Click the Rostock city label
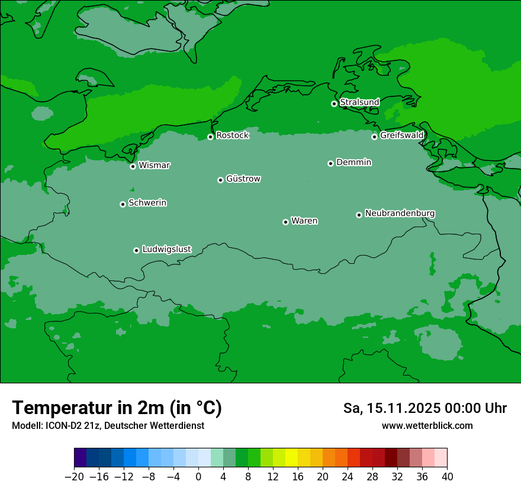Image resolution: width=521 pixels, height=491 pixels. click(232, 135)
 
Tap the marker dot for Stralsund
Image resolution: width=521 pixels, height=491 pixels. click(334, 104)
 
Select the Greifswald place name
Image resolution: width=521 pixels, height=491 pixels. click(401, 135)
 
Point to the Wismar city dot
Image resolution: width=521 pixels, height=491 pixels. click(133, 166)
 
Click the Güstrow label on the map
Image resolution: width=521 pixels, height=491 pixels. click(243, 179)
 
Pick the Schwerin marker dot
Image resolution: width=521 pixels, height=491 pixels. click(123, 204)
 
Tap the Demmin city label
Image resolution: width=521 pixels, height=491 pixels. click(353, 162)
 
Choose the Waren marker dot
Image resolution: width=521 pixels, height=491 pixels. click(285, 222)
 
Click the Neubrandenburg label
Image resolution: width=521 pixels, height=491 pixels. click(400, 213)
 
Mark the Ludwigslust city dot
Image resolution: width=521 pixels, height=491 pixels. click(136, 250)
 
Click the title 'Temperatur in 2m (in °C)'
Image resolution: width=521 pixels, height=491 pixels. click(117, 408)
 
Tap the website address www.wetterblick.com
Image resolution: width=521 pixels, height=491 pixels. click(427, 425)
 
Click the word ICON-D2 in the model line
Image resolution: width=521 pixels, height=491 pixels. click(60, 425)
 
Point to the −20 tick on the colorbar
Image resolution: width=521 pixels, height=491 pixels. click(74, 477)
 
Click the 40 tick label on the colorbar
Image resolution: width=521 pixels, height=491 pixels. click(447, 477)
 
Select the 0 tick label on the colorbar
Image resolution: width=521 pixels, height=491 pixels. click(198, 477)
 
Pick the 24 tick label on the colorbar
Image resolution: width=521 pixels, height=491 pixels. click(348, 477)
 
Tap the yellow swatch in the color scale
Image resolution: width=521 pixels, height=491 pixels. click(291, 458)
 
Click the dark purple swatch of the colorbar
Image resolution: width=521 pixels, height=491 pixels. click(81, 458)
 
